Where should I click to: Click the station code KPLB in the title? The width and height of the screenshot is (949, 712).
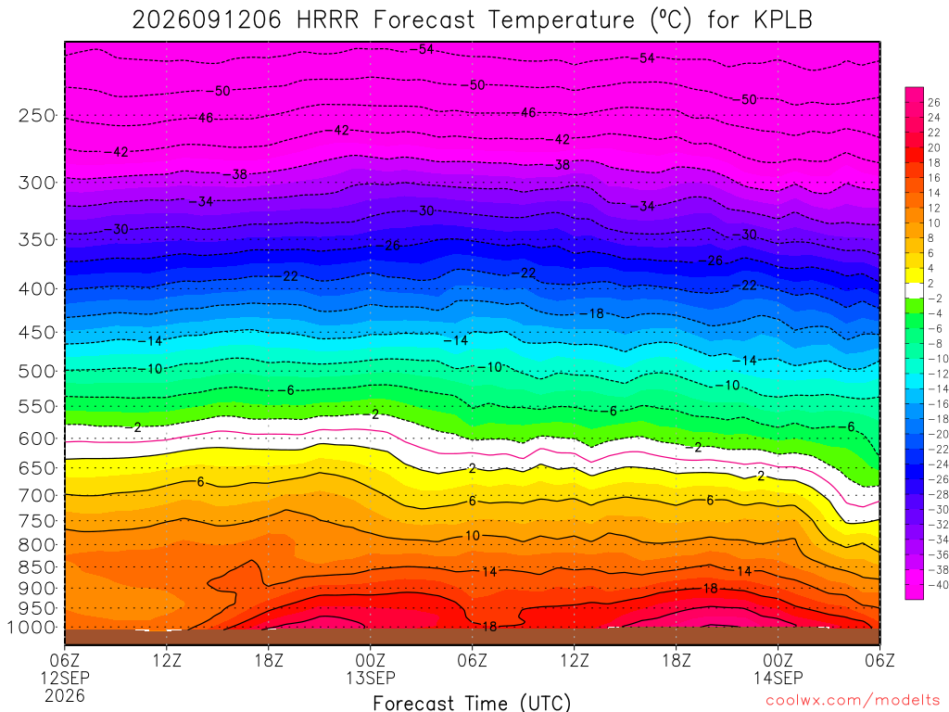pyautogui.click(x=782, y=20)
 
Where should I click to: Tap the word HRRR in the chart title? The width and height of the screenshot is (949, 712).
pyautogui.click(x=327, y=20)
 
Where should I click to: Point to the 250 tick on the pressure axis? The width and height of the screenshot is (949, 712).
pyautogui.click(x=37, y=115)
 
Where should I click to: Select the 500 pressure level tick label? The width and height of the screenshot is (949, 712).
pyautogui.click(x=37, y=371)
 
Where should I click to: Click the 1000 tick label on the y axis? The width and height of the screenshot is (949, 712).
pyautogui.click(x=32, y=628)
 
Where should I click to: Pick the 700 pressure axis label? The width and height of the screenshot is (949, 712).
pyautogui.click(x=37, y=495)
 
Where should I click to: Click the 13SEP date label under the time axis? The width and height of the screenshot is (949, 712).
pyautogui.click(x=370, y=678)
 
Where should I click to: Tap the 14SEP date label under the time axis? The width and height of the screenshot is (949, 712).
pyautogui.click(x=778, y=678)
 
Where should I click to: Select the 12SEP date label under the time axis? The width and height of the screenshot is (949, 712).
pyautogui.click(x=65, y=678)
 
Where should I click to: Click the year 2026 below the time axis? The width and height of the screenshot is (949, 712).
pyautogui.click(x=65, y=695)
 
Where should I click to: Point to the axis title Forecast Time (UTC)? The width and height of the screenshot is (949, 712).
pyautogui.click(x=472, y=703)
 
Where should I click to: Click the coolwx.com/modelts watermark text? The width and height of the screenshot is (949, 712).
pyautogui.click(x=853, y=700)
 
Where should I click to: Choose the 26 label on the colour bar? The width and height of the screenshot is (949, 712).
pyautogui.click(x=934, y=102)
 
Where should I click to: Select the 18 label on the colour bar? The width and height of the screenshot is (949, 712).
pyautogui.click(x=934, y=163)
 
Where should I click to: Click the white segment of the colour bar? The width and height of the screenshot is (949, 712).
pyautogui.click(x=914, y=290)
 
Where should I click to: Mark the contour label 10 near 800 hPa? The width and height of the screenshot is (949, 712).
pyautogui.click(x=472, y=535)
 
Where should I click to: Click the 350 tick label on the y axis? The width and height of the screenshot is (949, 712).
pyautogui.click(x=37, y=239)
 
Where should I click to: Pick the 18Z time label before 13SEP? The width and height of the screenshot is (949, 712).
pyautogui.click(x=269, y=659)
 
